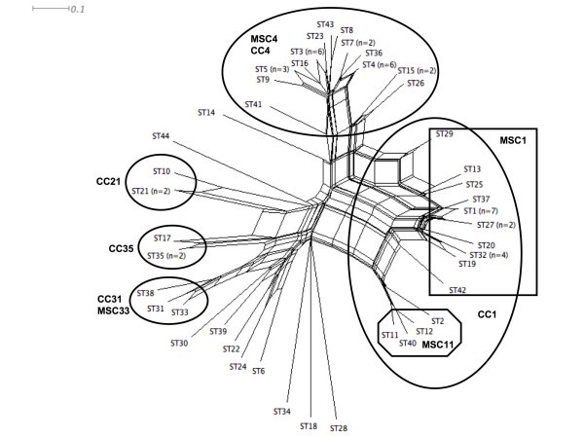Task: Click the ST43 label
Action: point(325,23)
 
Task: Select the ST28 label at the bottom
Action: point(338,428)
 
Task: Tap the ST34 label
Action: point(281,412)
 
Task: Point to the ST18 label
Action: point(309,426)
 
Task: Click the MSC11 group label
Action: point(438,343)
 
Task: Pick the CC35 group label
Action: point(121,247)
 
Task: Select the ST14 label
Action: point(206,113)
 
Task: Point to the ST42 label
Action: point(457,290)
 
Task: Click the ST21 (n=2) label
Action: point(150,192)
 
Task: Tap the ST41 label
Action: point(253,104)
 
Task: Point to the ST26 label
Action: point(416,83)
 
